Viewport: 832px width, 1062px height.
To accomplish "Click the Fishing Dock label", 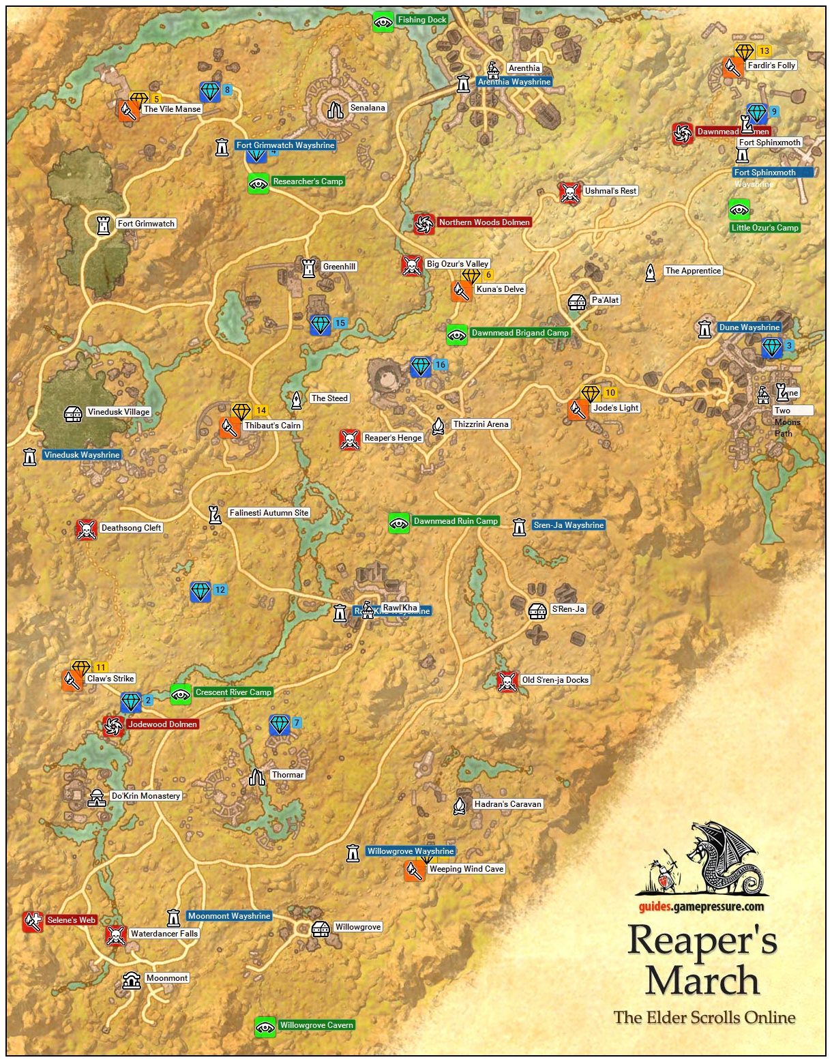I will pyautogui.click(x=421, y=20).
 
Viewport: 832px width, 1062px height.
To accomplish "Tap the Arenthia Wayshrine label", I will pyautogui.click(x=514, y=82).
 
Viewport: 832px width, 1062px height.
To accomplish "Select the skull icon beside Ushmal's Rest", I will pyautogui.click(x=569, y=192).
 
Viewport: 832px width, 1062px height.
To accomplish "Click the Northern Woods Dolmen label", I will pyautogui.click(x=484, y=222).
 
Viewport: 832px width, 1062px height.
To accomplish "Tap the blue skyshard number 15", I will pyautogui.click(x=340, y=323).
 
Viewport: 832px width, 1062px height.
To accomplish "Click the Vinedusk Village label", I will pyautogui.click(x=118, y=412).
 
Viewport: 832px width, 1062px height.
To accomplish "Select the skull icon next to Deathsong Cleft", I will pyautogui.click(x=86, y=529).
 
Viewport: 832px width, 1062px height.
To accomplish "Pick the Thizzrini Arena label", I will pyautogui.click(x=481, y=424).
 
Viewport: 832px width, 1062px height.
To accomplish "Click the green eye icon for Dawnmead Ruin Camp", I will pyautogui.click(x=399, y=523).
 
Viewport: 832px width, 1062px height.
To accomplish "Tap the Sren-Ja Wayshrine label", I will pyautogui.click(x=568, y=525).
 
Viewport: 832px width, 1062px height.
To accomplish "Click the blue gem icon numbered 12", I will pyautogui.click(x=200, y=591).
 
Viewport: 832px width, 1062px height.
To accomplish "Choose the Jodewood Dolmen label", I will pyautogui.click(x=162, y=724).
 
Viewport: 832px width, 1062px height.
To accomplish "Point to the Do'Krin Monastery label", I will pyautogui.click(x=146, y=796).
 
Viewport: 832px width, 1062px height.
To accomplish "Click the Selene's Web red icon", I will pyautogui.click(x=33, y=921).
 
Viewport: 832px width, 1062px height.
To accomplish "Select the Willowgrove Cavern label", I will pyautogui.click(x=316, y=1025).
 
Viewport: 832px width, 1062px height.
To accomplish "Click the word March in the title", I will pyautogui.click(x=702, y=980).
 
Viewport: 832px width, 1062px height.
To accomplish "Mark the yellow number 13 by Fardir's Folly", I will pyautogui.click(x=764, y=51).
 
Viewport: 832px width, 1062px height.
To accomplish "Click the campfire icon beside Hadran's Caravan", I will pyautogui.click(x=460, y=806).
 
